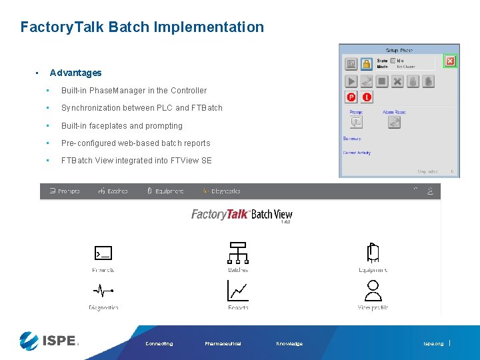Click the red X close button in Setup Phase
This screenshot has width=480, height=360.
point(450,61)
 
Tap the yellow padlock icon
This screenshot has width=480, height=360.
point(367,64)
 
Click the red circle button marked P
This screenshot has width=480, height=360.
point(351,97)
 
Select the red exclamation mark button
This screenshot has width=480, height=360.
point(367,97)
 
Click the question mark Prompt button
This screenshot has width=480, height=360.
point(357,122)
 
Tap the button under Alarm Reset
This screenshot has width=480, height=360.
point(394,122)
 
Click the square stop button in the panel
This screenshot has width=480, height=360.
point(382,81)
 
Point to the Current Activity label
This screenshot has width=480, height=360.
point(357,153)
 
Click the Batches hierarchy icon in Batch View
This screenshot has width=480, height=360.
point(238,253)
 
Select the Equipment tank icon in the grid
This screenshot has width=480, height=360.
point(373,253)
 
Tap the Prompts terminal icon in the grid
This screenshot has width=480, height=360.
point(103,253)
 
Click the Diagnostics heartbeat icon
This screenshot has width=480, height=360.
point(103,291)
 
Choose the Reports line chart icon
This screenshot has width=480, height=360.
point(238,291)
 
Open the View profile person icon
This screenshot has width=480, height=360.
point(373,291)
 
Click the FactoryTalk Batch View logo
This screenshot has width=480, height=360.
point(241,215)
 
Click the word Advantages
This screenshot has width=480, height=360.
point(75,73)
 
